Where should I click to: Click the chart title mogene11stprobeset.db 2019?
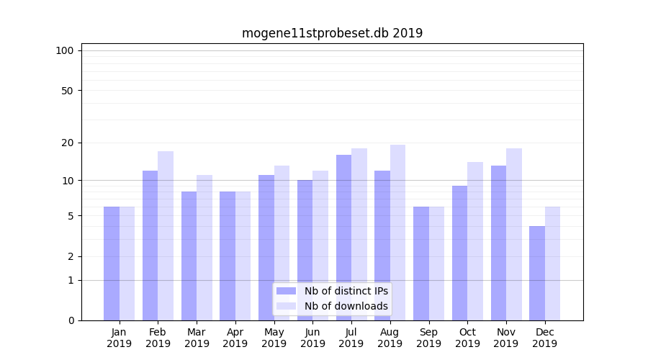pos(332,33)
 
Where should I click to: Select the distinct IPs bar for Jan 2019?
pos(112,264)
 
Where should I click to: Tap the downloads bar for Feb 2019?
pos(166,235)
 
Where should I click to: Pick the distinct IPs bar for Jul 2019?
pos(343,238)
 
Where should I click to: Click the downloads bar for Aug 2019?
pos(397,233)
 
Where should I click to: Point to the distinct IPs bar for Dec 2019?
pos(537,273)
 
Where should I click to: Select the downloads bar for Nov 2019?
pos(514,234)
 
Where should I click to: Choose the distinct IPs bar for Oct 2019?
pos(459,253)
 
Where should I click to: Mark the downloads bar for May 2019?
pos(282,243)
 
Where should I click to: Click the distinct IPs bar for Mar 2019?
pos(189,256)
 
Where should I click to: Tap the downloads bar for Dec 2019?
pos(552,264)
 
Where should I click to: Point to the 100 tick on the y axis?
pos(65,50)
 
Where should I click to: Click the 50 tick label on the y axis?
pos(68,91)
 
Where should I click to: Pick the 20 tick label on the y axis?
pos(68,143)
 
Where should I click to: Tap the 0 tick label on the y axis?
pos(71,320)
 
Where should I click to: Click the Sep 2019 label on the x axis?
pos(428,338)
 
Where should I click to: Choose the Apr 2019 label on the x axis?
pos(235,338)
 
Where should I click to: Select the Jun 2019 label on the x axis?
pos(312,338)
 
